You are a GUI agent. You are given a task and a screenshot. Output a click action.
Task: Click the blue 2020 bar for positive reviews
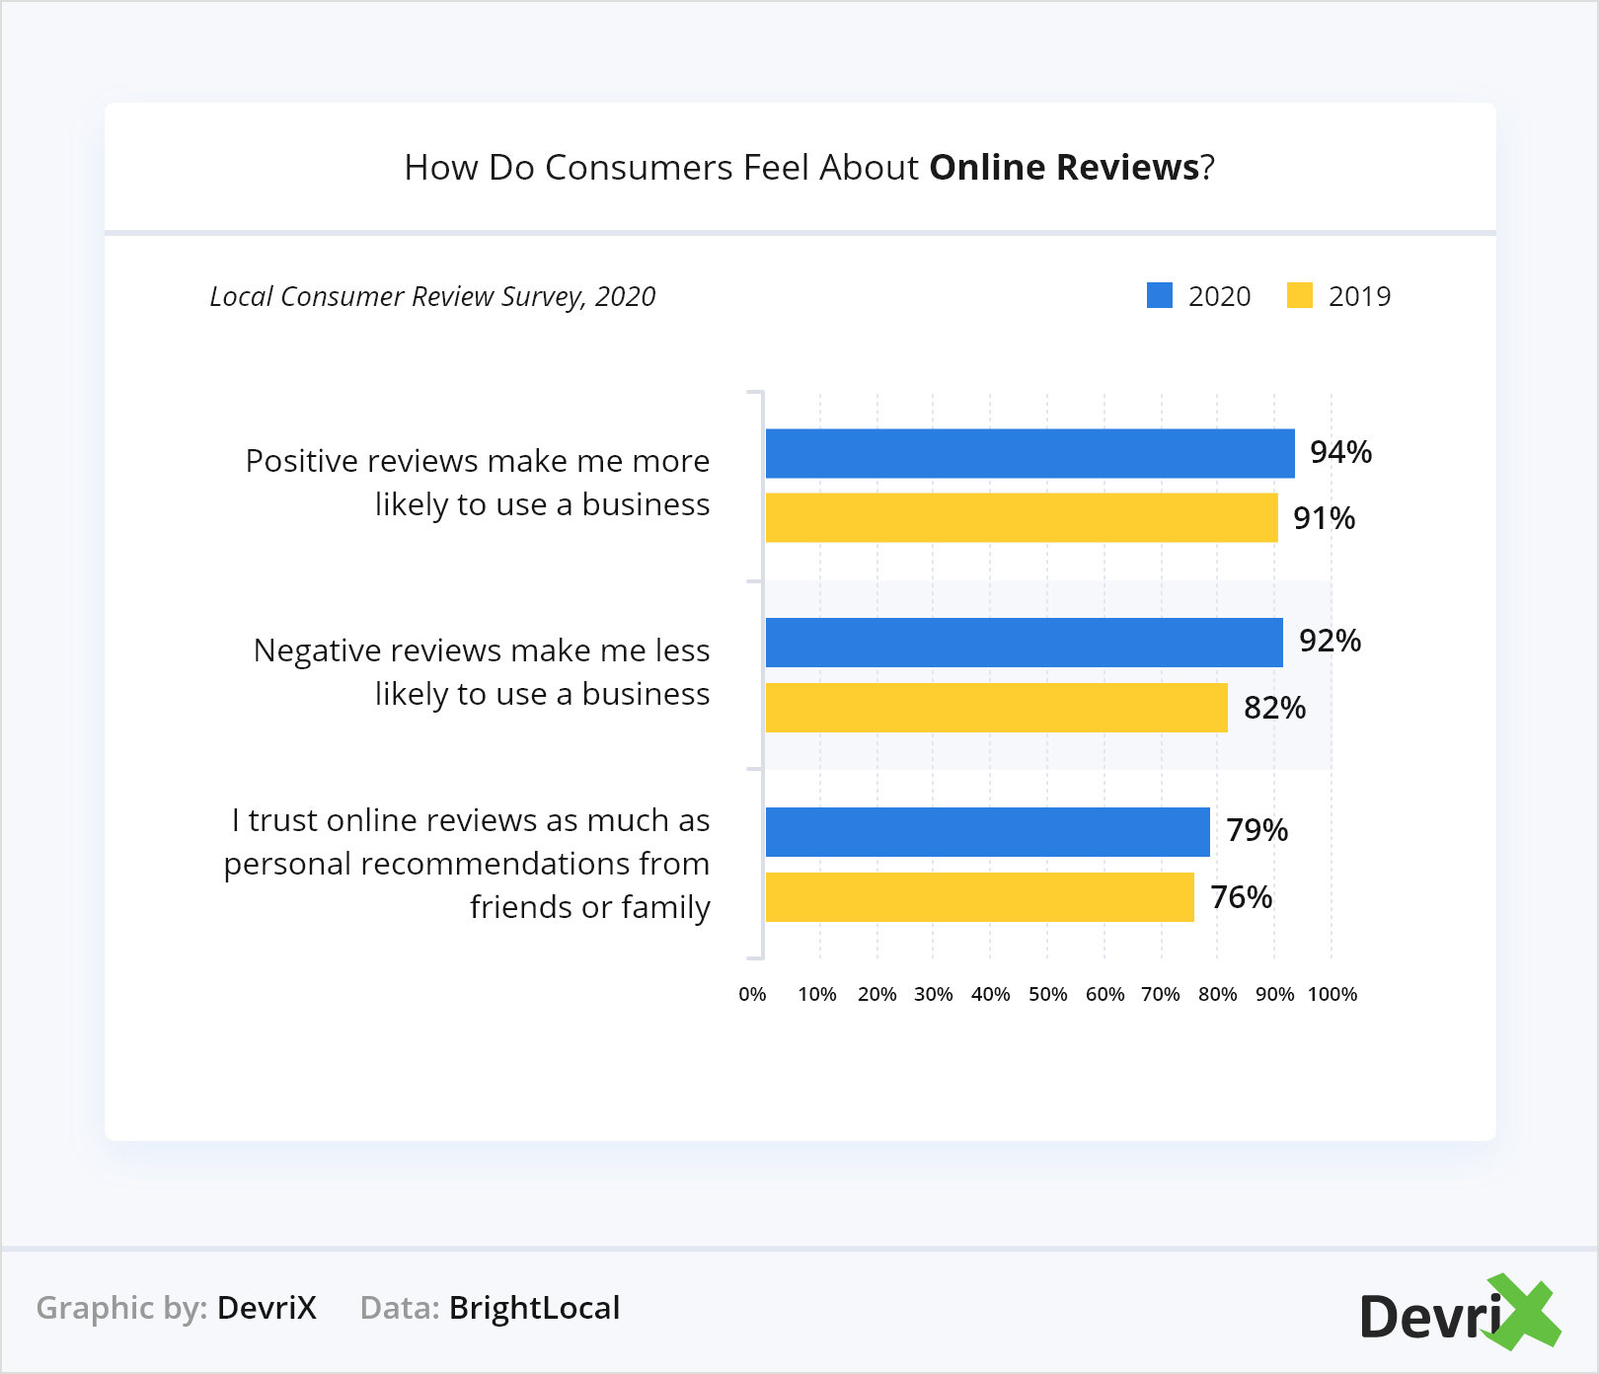[1029, 454]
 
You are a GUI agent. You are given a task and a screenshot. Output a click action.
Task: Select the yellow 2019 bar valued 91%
[1022, 518]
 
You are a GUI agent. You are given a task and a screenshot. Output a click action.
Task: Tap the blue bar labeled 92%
[1024, 643]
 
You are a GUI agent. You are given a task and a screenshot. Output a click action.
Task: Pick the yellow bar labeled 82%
[996, 708]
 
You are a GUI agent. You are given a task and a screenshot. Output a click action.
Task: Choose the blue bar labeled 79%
[987, 832]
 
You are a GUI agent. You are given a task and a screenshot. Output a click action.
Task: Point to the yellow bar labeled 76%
[979, 897]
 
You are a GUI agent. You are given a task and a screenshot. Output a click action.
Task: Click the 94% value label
[1340, 452]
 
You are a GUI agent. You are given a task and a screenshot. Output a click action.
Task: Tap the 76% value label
[1241, 897]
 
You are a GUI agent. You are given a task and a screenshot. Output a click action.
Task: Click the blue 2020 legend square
[1159, 296]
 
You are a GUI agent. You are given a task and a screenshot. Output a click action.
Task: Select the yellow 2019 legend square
[1299, 296]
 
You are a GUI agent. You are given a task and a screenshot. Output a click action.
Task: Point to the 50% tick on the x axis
[1047, 994]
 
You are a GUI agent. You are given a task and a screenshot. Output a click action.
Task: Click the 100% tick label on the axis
[1332, 994]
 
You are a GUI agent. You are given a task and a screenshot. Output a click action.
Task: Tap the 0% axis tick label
[752, 994]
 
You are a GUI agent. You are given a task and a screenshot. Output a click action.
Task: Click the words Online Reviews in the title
[1064, 168]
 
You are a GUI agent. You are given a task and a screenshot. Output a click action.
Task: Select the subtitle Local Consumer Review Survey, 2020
[432, 297]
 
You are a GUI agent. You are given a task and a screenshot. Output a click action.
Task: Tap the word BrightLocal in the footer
[534, 1308]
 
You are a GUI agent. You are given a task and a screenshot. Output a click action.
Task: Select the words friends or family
[589, 907]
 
